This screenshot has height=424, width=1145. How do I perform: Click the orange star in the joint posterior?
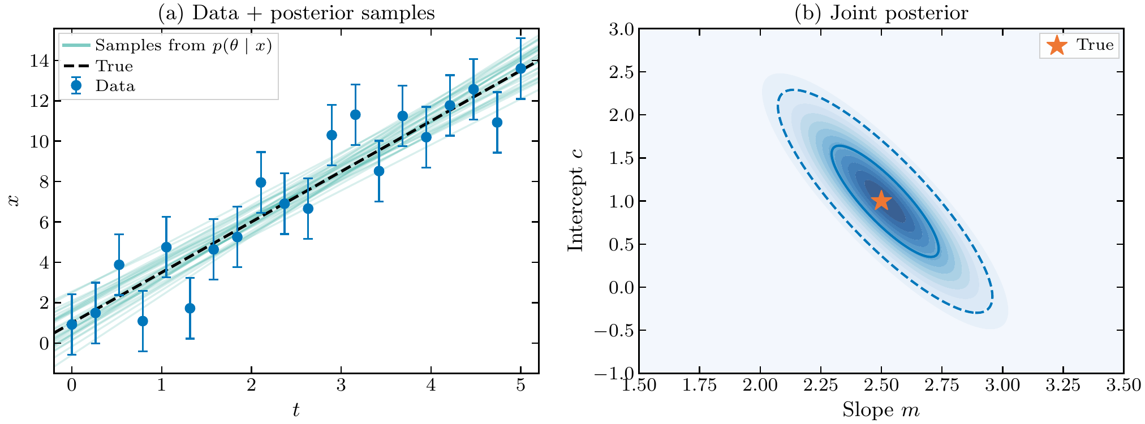(x=881, y=200)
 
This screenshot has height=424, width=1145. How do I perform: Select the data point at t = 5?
(x=520, y=68)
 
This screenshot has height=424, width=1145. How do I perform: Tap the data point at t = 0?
(x=72, y=325)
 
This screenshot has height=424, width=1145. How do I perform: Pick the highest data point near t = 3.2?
(x=355, y=115)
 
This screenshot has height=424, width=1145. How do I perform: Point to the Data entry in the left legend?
(x=115, y=86)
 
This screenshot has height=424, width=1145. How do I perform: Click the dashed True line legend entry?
(x=114, y=66)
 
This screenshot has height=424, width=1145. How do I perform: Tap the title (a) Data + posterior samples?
(x=296, y=12)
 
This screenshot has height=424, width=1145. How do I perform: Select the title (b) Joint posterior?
(x=881, y=12)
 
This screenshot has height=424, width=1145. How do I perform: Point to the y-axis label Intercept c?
(x=575, y=201)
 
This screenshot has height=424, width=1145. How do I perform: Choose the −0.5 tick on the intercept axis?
(x=612, y=330)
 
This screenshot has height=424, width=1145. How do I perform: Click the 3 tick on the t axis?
(x=341, y=386)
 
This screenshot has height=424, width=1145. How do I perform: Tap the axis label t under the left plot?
(x=296, y=410)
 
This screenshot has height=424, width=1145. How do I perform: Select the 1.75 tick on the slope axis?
(x=699, y=386)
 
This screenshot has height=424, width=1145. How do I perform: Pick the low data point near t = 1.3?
(x=190, y=308)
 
